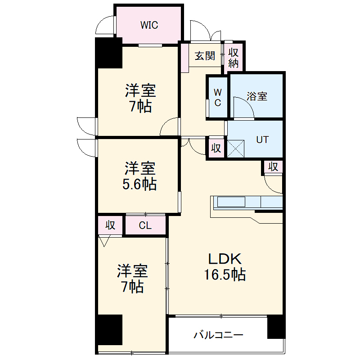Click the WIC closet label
coord(149,25)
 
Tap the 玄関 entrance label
coord(204,56)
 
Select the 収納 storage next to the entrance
coord(233,58)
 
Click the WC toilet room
coord(217,97)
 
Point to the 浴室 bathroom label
coord(257,96)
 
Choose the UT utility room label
coord(262,139)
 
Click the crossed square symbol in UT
coord(235,148)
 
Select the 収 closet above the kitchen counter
coord(273,166)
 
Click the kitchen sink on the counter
coord(231,202)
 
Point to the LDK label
coord(225,259)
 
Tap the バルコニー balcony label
coord(219,335)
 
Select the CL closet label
coord(145,225)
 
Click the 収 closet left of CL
coord(110,225)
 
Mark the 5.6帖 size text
coord(141,184)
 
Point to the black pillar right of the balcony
coord(276,327)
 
